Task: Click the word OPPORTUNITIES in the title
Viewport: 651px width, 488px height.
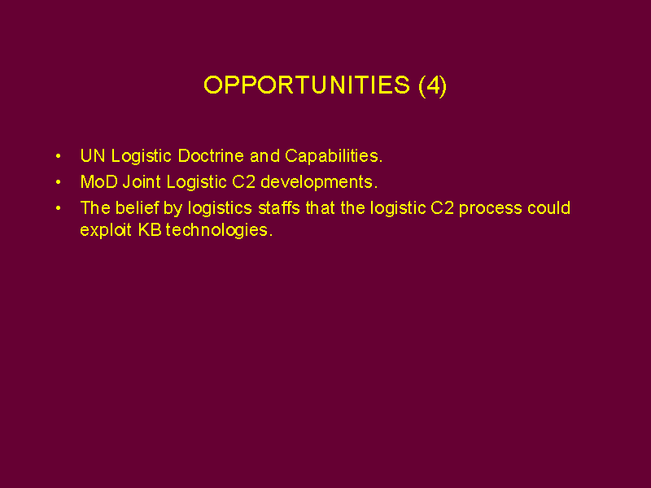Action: tap(307, 85)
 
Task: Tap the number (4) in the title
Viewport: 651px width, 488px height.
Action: tap(433, 85)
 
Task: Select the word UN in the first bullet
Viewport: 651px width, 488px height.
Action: tap(93, 156)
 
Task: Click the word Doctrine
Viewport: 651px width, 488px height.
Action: tap(211, 156)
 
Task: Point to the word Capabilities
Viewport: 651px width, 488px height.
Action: tap(334, 157)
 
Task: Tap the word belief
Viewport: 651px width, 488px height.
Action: tap(138, 208)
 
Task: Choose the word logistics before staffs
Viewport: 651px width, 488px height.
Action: tap(220, 209)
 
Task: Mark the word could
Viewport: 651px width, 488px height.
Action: tap(548, 208)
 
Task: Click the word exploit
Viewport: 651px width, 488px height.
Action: tap(106, 231)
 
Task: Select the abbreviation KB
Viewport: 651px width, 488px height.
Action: tap(150, 230)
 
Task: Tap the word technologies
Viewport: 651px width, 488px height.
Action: tap(219, 231)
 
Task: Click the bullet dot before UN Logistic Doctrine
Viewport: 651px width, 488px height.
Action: tap(58, 156)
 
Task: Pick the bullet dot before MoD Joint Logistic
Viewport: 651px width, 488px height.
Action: tap(58, 182)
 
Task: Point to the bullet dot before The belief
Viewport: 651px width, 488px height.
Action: tap(58, 208)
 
